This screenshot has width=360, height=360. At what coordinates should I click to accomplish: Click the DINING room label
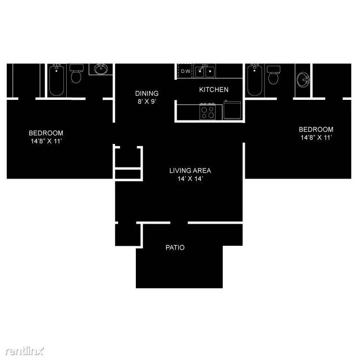point(147,93)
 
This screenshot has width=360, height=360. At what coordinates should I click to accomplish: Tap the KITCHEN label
point(214,90)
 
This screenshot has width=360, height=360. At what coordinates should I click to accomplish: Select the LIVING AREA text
point(190,170)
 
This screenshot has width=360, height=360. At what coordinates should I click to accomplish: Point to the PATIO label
point(175,248)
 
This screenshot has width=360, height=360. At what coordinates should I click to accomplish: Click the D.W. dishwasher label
point(186,72)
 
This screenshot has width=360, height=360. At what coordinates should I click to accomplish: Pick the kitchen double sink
point(205,71)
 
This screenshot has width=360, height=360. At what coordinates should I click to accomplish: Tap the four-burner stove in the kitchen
point(207,111)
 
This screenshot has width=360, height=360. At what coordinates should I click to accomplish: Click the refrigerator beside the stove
point(232,110)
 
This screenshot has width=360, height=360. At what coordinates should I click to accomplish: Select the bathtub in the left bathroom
point(57,80)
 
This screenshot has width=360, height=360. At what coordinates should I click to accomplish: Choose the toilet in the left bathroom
point(76,73)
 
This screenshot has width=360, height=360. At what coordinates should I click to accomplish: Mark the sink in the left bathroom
point(101,69)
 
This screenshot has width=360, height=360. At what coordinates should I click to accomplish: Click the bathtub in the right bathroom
point(254,80)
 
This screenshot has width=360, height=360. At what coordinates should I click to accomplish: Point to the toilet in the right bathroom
point(273,75)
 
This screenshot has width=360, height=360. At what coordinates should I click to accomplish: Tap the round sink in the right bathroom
point(303,79)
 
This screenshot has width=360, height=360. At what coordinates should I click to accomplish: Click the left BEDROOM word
point(46,133)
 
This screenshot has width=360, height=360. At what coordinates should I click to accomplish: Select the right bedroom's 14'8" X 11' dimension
point(316,138)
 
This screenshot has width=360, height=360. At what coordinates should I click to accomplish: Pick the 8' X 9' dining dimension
point(147,101)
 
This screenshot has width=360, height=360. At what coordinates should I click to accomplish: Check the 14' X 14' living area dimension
point(190,179)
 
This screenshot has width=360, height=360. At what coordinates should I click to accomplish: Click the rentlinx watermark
point(24,350)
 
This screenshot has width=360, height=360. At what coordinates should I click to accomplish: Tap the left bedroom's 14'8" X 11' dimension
point(47,141)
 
